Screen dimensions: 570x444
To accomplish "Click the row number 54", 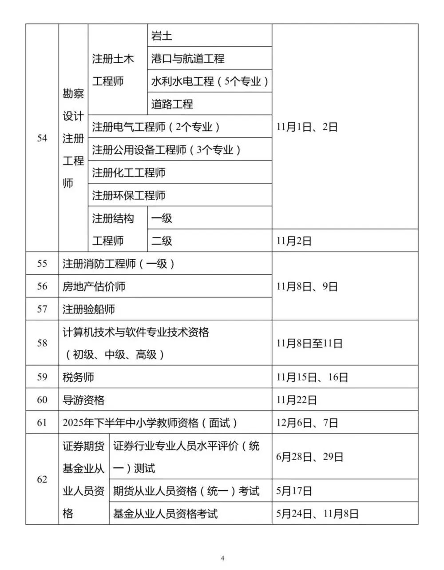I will click(x=42, y=138).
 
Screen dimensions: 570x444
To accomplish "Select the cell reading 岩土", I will click(x=162, y=36).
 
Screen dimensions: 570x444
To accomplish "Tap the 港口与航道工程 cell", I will click(x=187, y=59).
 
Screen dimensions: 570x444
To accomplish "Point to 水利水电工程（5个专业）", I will click(x=210, y=81).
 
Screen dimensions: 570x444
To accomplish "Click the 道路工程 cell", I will click(x=172, y=104).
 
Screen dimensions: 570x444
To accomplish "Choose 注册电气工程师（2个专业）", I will click(x=156, y=127).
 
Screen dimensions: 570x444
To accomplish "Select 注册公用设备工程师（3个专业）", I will click(x=166, y=150).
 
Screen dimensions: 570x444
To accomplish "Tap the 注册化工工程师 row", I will click(x=129, y=173).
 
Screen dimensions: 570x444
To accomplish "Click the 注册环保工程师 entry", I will click(x=129, y=195).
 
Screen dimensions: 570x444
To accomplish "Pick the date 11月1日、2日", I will click(x=307, y=127).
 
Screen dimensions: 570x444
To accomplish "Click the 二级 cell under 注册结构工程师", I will click(x=162, y=241).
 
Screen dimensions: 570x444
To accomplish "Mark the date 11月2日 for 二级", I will click(x=294, y=241).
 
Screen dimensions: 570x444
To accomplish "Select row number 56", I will click(x=42, y=286).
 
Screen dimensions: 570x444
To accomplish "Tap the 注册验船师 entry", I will click(x=89, y=309).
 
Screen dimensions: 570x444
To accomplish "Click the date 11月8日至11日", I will click(x=309, y=343).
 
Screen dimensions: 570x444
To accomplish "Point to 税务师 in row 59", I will click(x=79, y=377).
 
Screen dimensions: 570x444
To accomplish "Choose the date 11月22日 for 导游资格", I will click(x=296, y=400).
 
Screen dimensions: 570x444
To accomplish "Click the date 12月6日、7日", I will click(x=307, y=423).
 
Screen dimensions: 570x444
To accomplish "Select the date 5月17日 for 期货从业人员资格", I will click(x=294, y=491).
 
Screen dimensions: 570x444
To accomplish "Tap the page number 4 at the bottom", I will click(x=222, y=558).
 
